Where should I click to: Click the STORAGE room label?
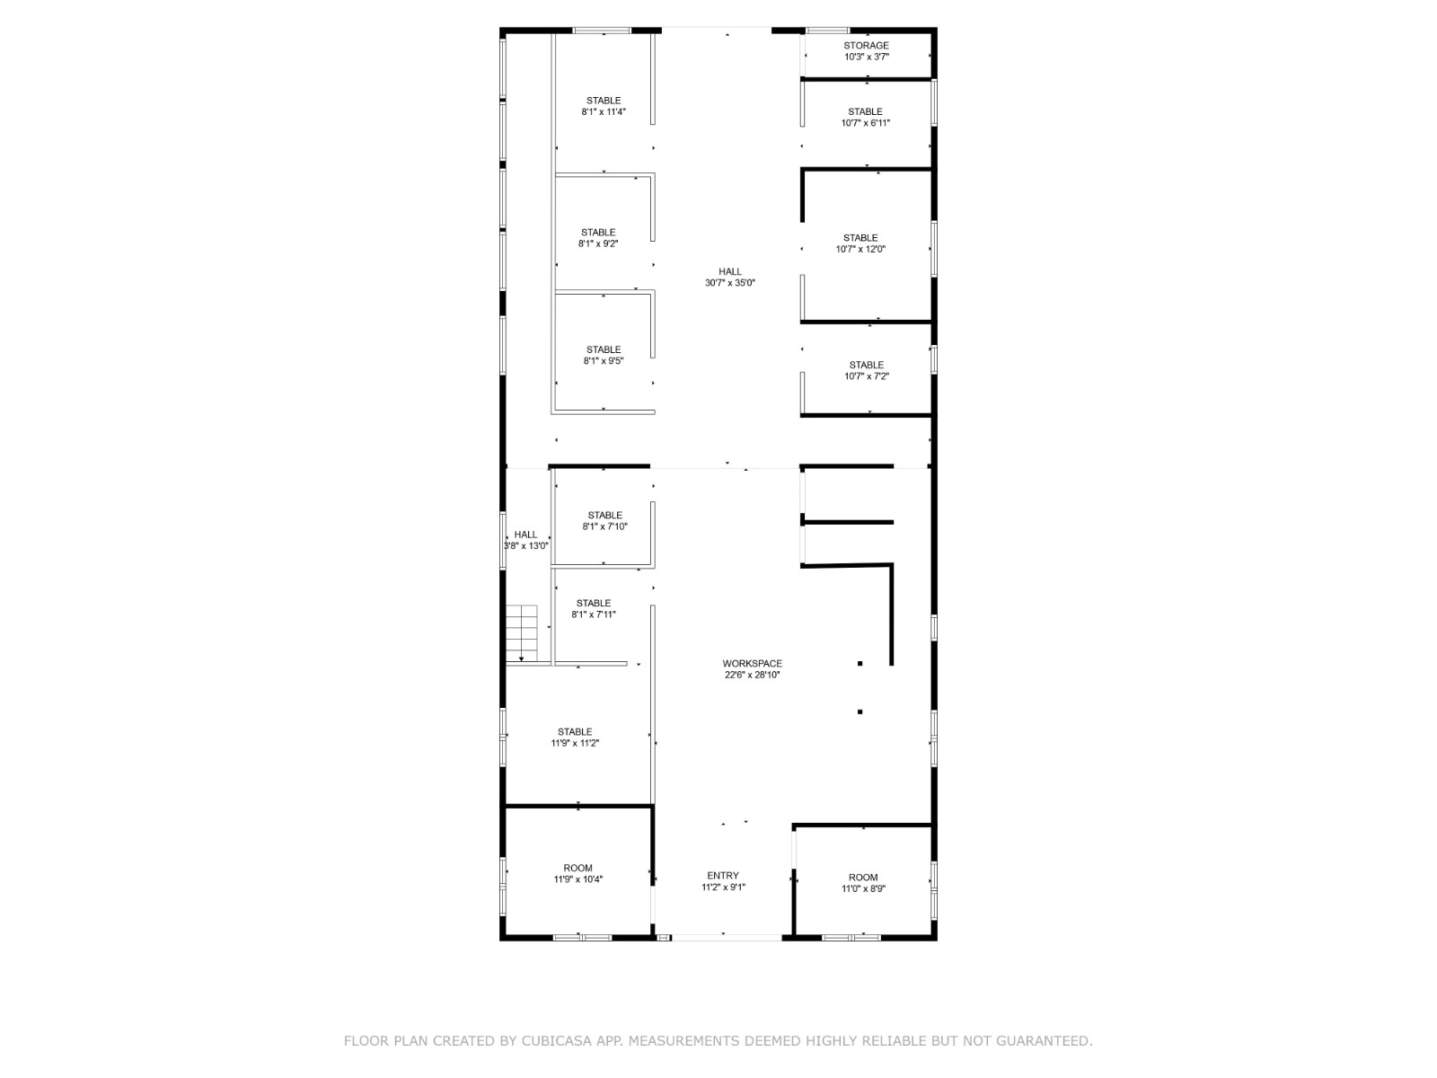coord(866,46)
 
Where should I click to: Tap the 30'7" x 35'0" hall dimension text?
coord(729,283)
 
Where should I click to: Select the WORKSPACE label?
coord(752,664)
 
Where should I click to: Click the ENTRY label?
coord(723,876)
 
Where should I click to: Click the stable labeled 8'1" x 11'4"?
coord(603,106)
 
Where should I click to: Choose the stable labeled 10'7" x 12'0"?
coord(860,243)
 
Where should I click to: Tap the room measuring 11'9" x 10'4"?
coord(577,873)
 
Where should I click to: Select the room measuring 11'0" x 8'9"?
coord(863,882)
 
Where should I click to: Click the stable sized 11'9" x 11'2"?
coord(575,737)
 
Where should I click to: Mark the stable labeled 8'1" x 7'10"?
coord(604,521)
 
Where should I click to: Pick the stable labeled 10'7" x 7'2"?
coord(866,370)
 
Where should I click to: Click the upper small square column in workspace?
coord(860,664)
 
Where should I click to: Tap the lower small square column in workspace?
coord(860,711)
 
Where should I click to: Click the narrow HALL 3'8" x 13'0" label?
coord(525,540)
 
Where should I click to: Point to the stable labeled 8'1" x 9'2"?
coord(598,238)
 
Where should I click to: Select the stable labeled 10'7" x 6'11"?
coord(865,117)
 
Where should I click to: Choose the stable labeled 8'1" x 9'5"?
coord(603,355)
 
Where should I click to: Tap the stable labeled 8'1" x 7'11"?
coord(593,608)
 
